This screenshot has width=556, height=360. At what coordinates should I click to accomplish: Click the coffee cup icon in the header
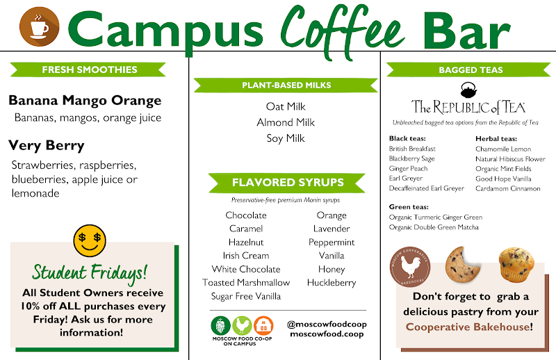pos(39,27)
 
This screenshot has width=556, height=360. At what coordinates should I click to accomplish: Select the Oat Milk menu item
pos(286,106)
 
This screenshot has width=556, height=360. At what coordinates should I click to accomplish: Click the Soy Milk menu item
pos(286,138)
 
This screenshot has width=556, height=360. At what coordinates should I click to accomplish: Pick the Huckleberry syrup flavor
pos(332,283)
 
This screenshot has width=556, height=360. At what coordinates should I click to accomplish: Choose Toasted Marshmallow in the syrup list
pos(246,283)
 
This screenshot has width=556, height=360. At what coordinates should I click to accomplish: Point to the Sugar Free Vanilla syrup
pos(246,296)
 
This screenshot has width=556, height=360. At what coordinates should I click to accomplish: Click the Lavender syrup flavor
pos(332,229)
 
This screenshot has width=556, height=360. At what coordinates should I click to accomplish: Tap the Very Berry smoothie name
pos(47,146)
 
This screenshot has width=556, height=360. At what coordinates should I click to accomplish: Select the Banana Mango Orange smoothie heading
pos(85,101)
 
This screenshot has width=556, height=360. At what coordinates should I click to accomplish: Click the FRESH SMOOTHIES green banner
pos(89,69)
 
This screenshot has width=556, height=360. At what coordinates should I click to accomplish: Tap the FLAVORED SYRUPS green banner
pos(287,183)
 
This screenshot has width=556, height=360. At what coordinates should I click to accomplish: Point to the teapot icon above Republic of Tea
pos(468,90)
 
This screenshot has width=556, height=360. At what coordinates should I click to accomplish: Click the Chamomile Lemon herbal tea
pos(503,149)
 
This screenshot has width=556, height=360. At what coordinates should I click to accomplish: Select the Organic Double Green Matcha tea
pos(434,227)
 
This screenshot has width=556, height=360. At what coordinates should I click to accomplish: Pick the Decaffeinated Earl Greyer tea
pos(427,188)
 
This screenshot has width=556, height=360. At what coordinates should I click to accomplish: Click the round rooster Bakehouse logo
pos(411,266)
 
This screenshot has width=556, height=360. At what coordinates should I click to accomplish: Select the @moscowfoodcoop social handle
pos(327,325)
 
